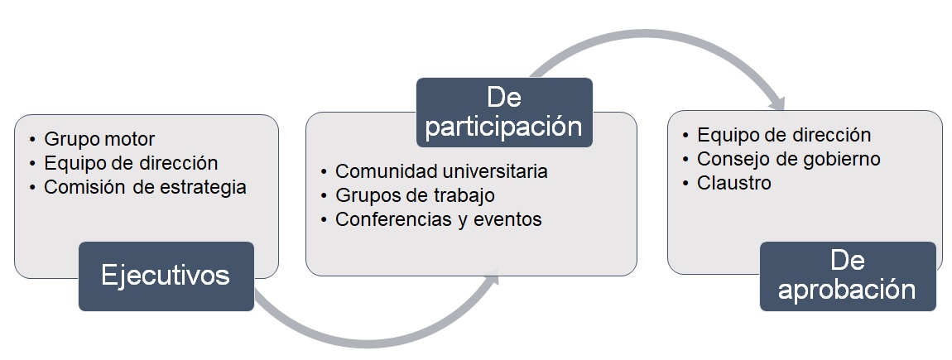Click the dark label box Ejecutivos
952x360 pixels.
[x=166, y=276]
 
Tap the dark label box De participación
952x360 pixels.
[x=504, y=113]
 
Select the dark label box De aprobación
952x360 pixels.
[x=848, y=276]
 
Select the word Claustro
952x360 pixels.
[x=734, y=183]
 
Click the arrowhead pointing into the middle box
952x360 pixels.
[x=491, y=279]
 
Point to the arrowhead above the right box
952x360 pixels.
[x=777, y=103]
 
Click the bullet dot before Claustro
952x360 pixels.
[x=685, y=184]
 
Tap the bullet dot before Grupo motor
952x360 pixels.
[x=33, y=140]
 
